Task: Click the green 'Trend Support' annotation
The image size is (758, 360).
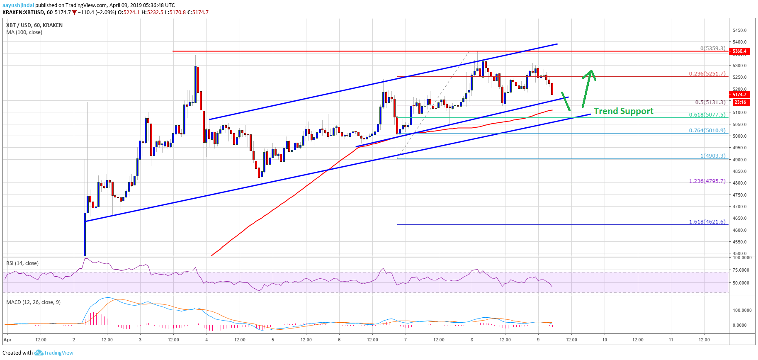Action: point(623,111)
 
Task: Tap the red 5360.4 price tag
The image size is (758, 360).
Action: point(739,51)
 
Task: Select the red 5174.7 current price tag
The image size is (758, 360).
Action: point(739,95)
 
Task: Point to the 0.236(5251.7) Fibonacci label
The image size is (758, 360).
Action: point(707,74)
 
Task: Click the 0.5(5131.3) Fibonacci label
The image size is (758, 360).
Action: point(710,102)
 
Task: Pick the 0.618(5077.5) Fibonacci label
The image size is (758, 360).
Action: point(707,115)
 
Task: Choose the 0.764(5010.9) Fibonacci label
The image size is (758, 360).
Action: point(707,130)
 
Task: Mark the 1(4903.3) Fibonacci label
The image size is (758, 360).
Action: point(713,156)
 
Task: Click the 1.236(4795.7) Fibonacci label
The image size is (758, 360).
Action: point(707,181)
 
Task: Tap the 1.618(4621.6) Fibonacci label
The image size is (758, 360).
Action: point(707,222)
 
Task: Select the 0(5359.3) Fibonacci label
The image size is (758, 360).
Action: point(713,49)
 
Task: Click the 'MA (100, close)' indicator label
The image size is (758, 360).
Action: point(24,32)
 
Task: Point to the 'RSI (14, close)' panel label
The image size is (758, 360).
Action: point(22,263)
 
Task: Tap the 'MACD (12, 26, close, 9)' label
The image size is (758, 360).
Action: point(33,302)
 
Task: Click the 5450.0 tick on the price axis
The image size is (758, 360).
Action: point(739,30)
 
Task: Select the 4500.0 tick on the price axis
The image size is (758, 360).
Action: point(739,253)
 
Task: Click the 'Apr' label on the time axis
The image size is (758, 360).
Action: point(7,340)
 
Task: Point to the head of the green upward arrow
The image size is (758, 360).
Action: point(590,71)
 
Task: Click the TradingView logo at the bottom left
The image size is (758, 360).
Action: point(54,353)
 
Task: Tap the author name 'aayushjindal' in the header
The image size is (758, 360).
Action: point(18,5)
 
